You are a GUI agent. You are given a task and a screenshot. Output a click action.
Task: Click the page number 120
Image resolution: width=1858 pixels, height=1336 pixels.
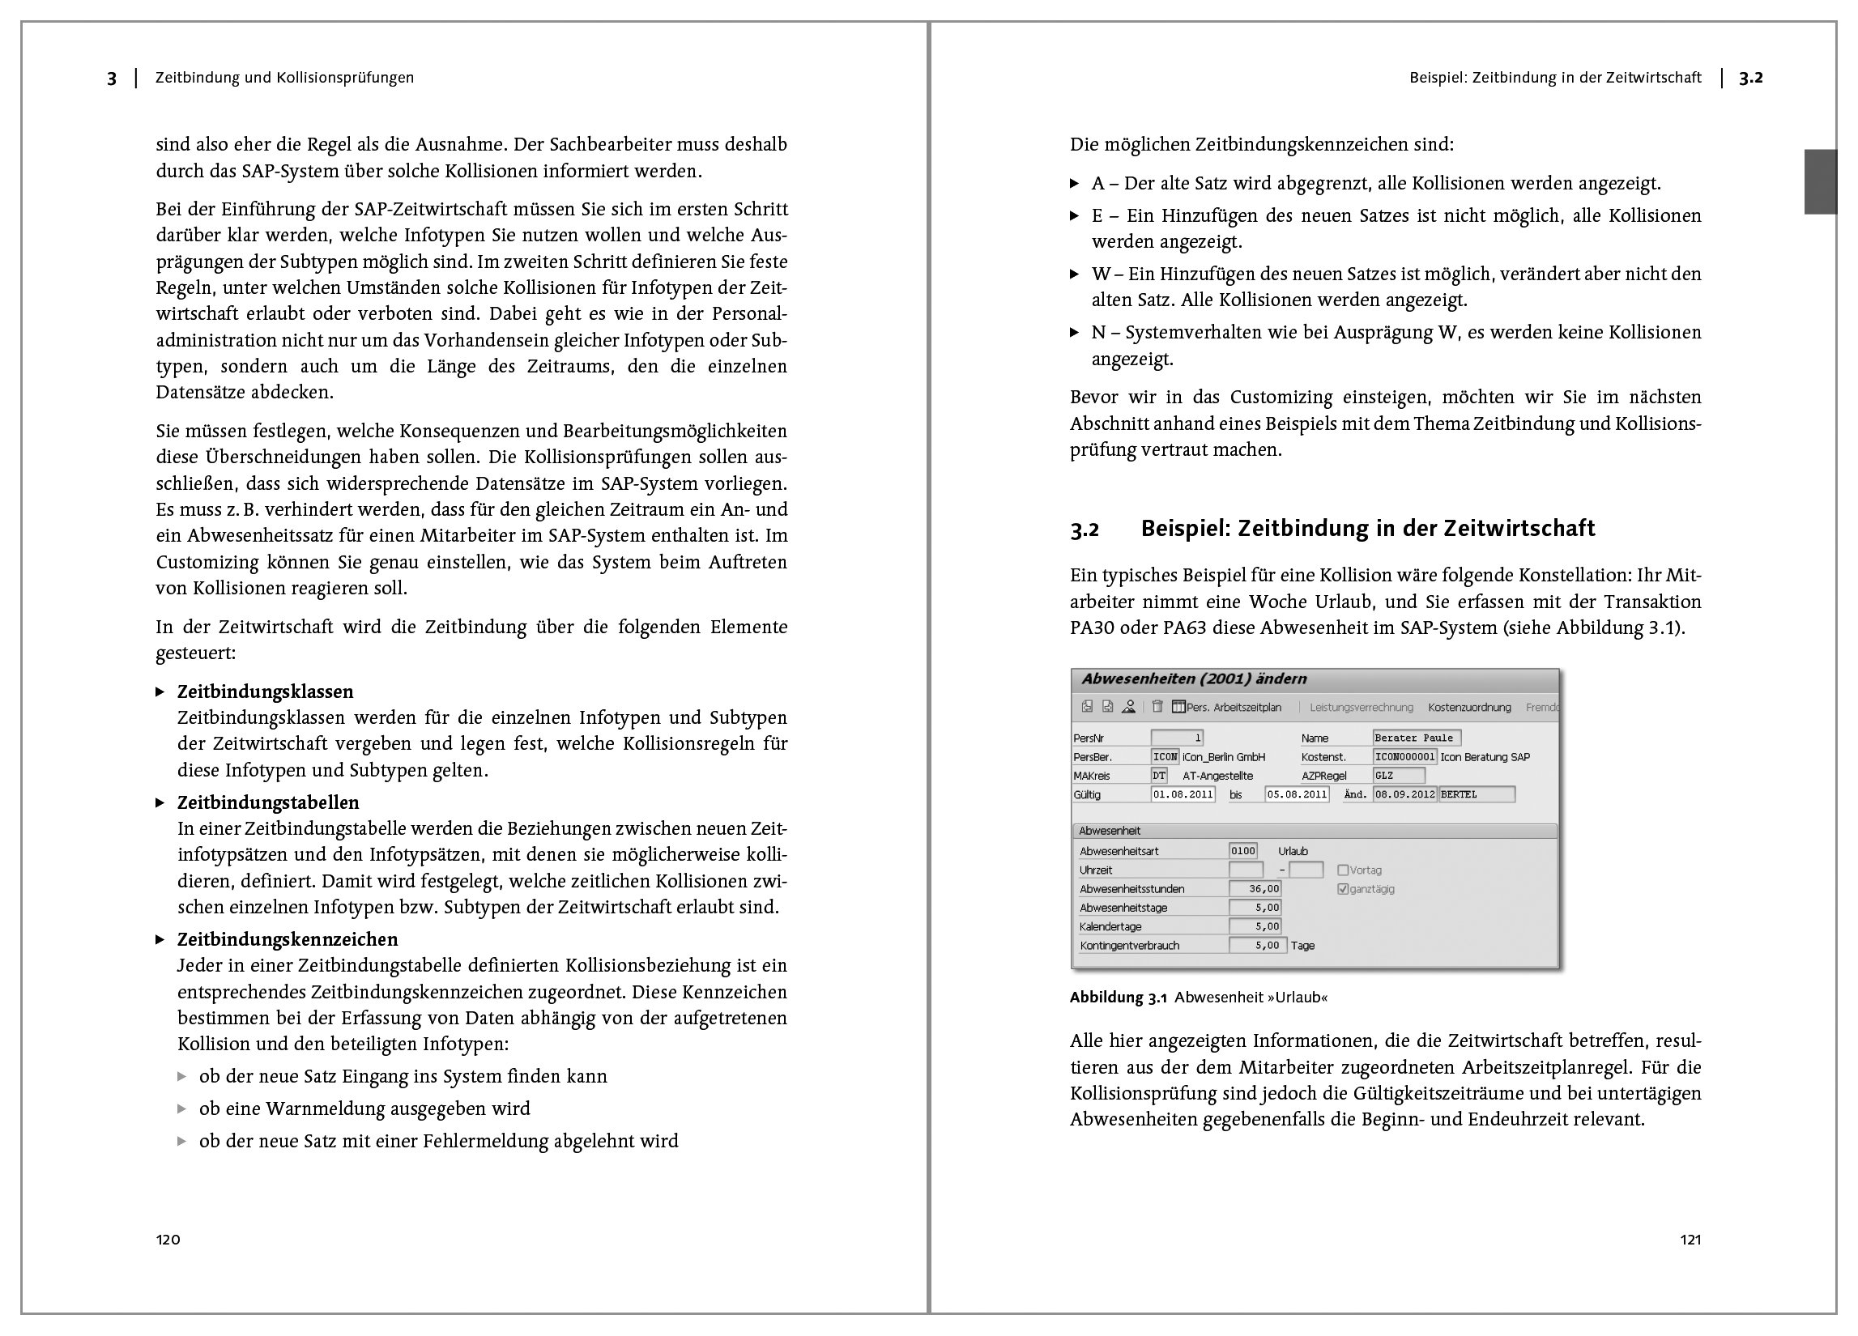[x=168, y=1240]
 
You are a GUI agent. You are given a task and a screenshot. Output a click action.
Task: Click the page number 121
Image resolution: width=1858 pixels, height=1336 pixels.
[x=1690, y=1240]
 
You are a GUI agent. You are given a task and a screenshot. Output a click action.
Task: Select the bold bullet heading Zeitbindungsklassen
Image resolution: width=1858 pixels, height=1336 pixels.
[x=266, y=691]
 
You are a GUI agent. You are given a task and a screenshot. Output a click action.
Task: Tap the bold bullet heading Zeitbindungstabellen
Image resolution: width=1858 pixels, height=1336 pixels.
[x=268, y=802]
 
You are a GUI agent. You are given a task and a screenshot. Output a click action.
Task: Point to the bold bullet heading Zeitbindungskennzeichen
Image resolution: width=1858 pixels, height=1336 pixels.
[x=288, y=938]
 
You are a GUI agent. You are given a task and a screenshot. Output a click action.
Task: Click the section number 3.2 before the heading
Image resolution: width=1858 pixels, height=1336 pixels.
[x=1084, y=530]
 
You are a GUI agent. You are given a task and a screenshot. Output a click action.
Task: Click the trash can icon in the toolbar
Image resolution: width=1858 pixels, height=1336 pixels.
[x=1157, y=707]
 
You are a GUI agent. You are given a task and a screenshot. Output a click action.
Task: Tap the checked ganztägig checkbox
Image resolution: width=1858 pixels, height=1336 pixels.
[x=1343, y=889]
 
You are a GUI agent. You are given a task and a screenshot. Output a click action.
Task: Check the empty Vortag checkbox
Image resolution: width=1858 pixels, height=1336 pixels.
[x=1343, y=870]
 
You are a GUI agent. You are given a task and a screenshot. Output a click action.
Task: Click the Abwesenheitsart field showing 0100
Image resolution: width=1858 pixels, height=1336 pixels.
[x=1242, y=851]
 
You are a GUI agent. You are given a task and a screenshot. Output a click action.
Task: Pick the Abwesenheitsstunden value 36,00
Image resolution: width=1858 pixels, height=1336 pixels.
[x=1255, y=889]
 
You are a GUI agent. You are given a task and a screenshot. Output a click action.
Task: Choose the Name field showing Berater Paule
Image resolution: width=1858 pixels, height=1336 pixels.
[x=1417, y=738]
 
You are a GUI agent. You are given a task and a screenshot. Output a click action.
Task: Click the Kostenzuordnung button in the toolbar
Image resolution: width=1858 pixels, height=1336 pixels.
[x=1469, y=708]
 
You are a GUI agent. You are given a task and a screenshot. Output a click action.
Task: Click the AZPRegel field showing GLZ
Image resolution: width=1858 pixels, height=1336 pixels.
[x=1399, y=776]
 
